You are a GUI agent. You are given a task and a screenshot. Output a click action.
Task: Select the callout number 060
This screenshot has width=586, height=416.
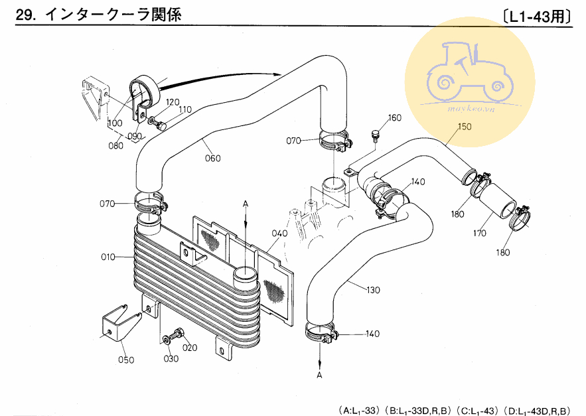[213, 158]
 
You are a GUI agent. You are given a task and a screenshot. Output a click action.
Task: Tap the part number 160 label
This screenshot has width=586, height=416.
[395, 118]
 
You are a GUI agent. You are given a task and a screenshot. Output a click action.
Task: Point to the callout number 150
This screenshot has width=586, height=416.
[464, 126]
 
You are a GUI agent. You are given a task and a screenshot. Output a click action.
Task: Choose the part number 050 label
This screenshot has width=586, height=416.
[126, 360]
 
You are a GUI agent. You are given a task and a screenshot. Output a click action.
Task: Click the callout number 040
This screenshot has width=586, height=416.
[279, 234]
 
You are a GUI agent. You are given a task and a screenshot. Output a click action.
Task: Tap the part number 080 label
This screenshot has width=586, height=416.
[116, 145]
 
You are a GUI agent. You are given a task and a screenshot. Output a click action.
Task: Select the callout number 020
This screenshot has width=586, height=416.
[190, 348]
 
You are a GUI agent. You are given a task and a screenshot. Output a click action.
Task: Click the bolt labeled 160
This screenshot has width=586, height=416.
[376, 135]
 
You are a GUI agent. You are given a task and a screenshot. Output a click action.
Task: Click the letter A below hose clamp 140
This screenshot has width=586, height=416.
[319, 375]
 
